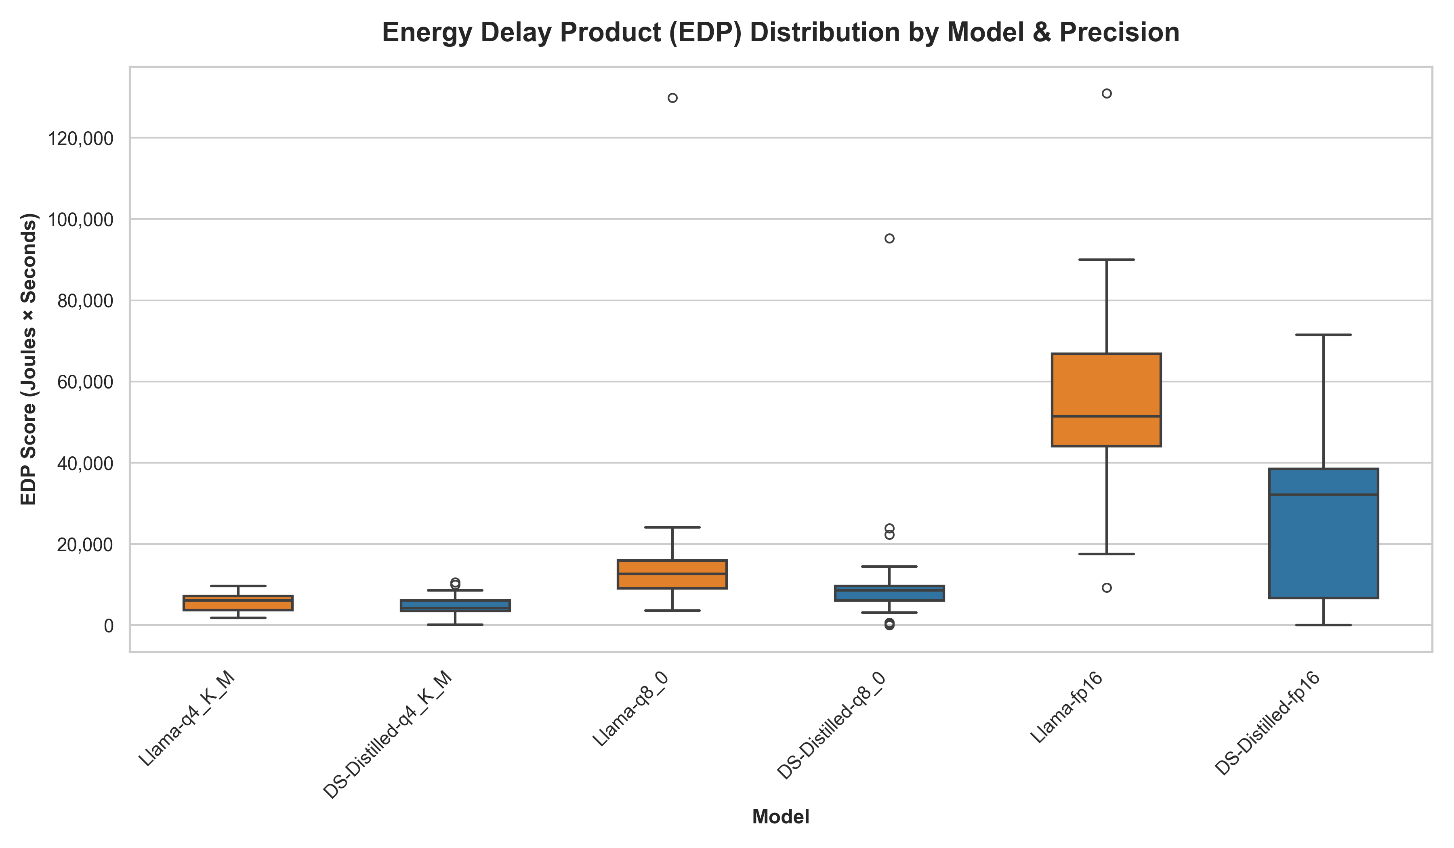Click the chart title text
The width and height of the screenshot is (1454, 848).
pyautogui.click(x=781, y=32)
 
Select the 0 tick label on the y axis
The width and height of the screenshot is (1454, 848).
pyautogui.click(x=109, y=626)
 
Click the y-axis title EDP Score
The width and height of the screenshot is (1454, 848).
pyautogui.click(x=29, y=359)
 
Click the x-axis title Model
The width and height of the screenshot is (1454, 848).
pyautogui.click(x=781, y=817)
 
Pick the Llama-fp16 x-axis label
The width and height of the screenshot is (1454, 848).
pyautogui.click(x=1067, y=715)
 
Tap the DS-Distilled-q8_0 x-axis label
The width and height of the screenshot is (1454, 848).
pyautogui.click(x=831, y=733)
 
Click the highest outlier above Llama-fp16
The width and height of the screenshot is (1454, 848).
pyautogui.click(x=1107, y=93)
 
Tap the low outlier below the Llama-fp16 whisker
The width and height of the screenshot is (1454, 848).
pyautogui.click(x=1107, y=588)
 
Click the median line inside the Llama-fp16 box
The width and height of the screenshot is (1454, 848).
pyautogui.click(x=1106, y=416)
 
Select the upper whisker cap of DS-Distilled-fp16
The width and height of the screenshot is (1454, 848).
pyautogui.click(x=1324, y=335)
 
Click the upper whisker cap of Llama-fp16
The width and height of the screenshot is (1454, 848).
pyautogui.click(x=1106, y=260)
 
